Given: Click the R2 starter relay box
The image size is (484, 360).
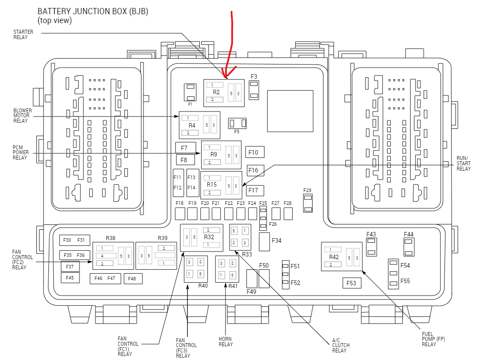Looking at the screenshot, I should click(x=224, y=93).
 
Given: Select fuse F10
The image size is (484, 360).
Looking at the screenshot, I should click(x=255, y=152).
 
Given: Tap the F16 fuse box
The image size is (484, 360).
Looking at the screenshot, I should click(x=255, y=171).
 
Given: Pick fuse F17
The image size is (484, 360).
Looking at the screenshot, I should click(x=255, y=191).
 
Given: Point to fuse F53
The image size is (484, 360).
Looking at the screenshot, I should click(x=351, y=283).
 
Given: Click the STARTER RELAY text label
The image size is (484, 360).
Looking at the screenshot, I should click(x=20, y=35).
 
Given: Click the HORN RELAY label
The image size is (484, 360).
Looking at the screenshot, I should click(x=226, y=342).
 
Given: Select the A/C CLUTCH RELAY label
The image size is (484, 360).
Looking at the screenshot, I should click(x=341, y=345).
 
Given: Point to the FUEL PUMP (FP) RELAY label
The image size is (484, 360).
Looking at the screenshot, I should click(x=433, y=339).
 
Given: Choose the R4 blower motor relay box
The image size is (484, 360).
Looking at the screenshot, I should click(x=199, y=125).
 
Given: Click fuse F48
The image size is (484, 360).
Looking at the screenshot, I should click(x=132, y=279).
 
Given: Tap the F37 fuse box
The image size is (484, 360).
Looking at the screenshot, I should click(x=70, y=267).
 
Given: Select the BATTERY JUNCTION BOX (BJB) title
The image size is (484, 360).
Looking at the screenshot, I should click(x=92, y=12).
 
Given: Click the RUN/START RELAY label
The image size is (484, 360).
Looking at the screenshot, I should click(x=464, y=164).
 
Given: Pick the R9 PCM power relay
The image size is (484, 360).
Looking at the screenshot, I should click(x=221, y=155).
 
